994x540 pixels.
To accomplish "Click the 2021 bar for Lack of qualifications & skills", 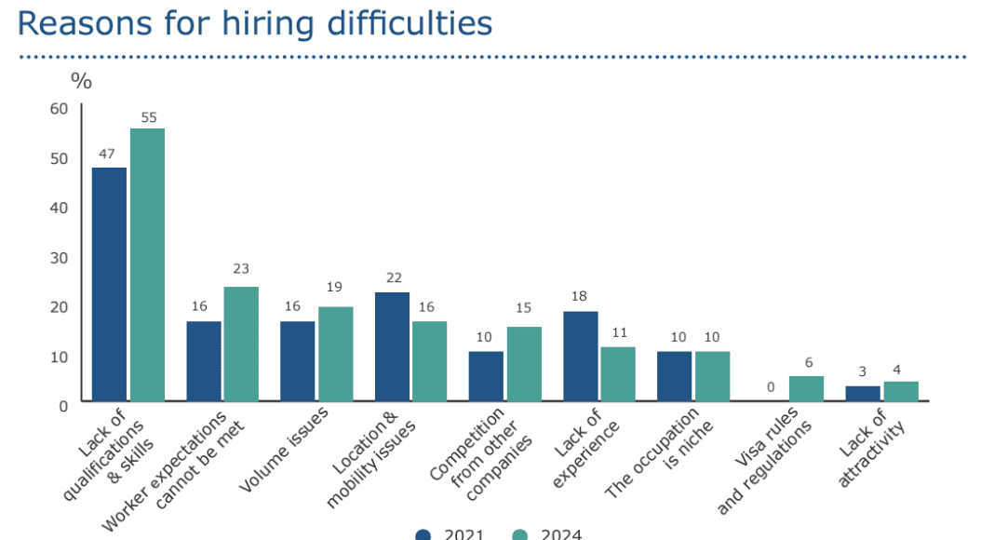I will click(x=109, y=284).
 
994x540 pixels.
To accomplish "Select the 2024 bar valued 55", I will click(x=147, y=264).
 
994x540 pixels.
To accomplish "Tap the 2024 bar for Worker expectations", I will click(x=241, y=344).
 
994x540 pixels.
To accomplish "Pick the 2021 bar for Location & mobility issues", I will click(x=392, y=346).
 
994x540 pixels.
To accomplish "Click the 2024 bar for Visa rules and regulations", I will click(x=806, y=388).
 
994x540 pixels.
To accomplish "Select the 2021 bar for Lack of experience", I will click(x=580, y=356).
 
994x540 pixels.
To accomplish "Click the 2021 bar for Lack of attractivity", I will click(x=863, y=393).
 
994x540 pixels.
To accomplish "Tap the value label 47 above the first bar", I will click(x=109, y=153).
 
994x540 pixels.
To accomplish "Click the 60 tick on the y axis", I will click(x=60, y=108).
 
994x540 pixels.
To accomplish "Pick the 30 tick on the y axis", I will click(x=60, y=257).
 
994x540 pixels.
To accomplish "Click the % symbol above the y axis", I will click(x=82, y=81).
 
